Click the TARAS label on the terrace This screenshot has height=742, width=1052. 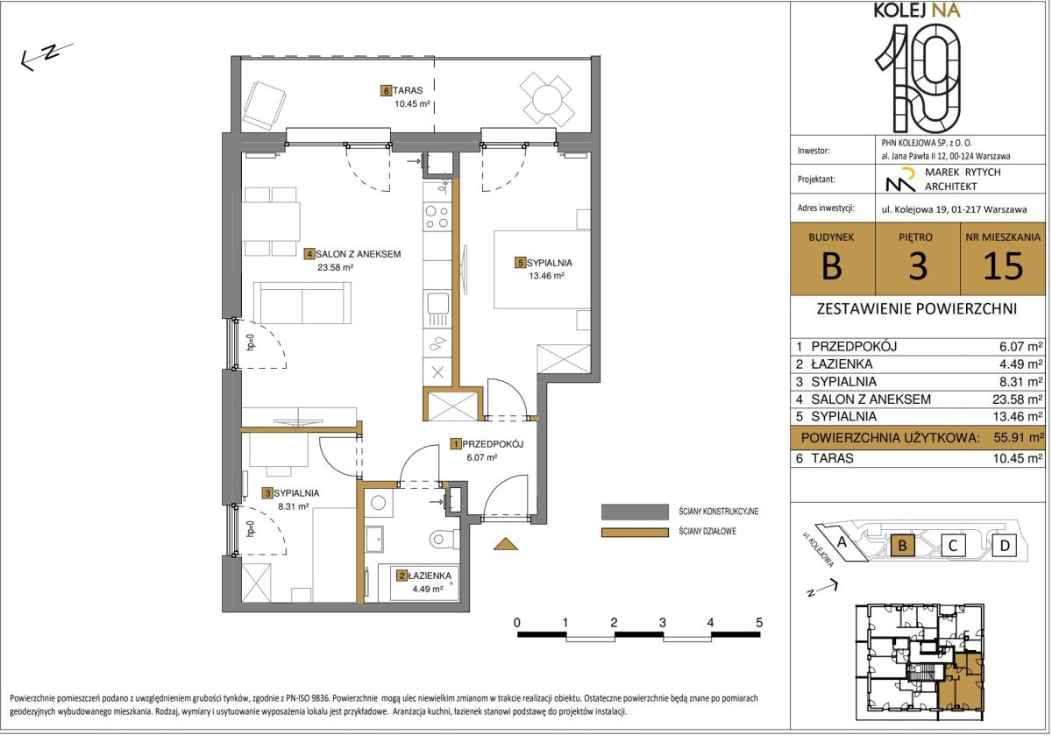(x=407, y=90)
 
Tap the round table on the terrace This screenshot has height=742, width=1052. (x=547, y=99)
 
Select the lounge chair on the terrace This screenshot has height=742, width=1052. (x=265, y=106)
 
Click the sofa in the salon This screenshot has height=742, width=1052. (x=302, y=303)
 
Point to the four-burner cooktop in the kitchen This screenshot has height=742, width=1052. (x=437, y=216)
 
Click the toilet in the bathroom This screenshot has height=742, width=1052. (x=444, y=539)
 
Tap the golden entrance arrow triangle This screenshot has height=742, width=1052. (x=505, y=543)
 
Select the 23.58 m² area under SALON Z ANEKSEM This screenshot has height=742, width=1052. (x=335, y=267)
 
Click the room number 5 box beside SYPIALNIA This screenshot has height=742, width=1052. (x=520, y=263)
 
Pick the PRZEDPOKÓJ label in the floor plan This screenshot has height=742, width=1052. (x=493, y=444)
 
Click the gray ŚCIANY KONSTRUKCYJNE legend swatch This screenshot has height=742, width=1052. (x=635, y=512)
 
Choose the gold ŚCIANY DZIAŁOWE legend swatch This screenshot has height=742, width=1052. (x=635, y=533)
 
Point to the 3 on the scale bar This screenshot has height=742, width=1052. (x=662, y=622)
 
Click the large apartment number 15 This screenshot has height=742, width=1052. (x=1003, y=266)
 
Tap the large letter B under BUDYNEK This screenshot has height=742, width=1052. (x=831, y=266)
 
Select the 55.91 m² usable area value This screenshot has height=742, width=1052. (x=1018, y=437)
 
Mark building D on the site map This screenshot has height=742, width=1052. (x=1005, y=546)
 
